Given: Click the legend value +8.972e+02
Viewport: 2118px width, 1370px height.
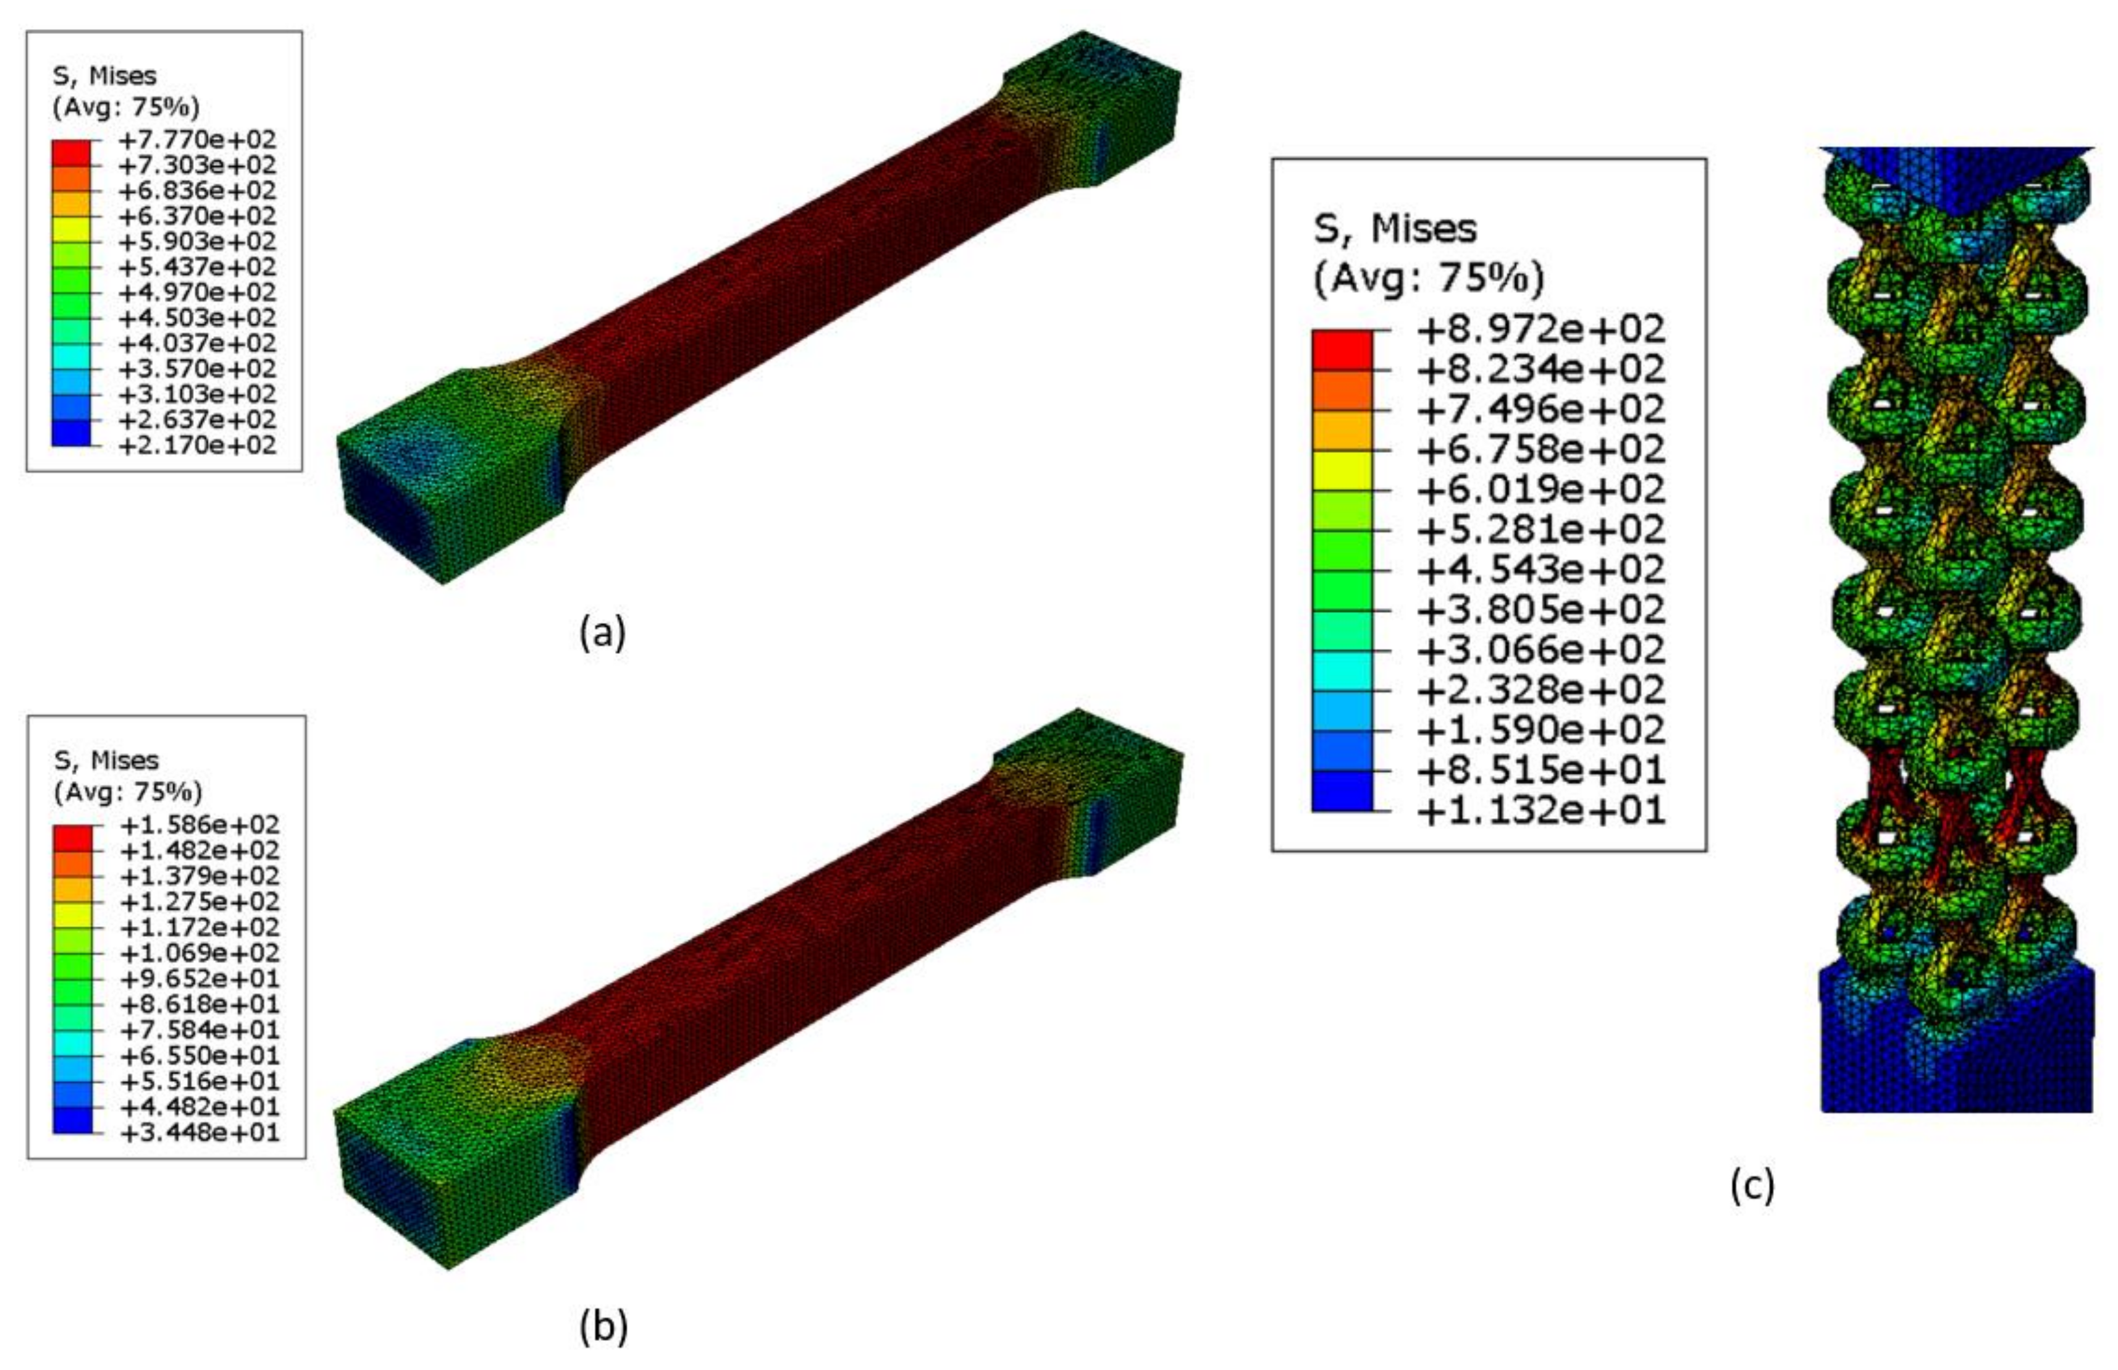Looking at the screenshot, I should point(1540,330).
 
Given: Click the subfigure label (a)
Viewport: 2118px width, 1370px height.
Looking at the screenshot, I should point(603,633).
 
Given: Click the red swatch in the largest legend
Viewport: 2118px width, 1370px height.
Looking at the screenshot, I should point(1342,350).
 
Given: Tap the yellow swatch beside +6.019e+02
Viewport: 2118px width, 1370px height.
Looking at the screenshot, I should point(1342,470).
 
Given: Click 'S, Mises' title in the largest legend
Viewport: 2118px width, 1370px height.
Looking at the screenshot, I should point(1394,229).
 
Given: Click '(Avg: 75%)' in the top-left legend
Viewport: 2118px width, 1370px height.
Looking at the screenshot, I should point(125,108).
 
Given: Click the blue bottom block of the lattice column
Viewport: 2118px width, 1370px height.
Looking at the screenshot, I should point(1956,1059).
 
